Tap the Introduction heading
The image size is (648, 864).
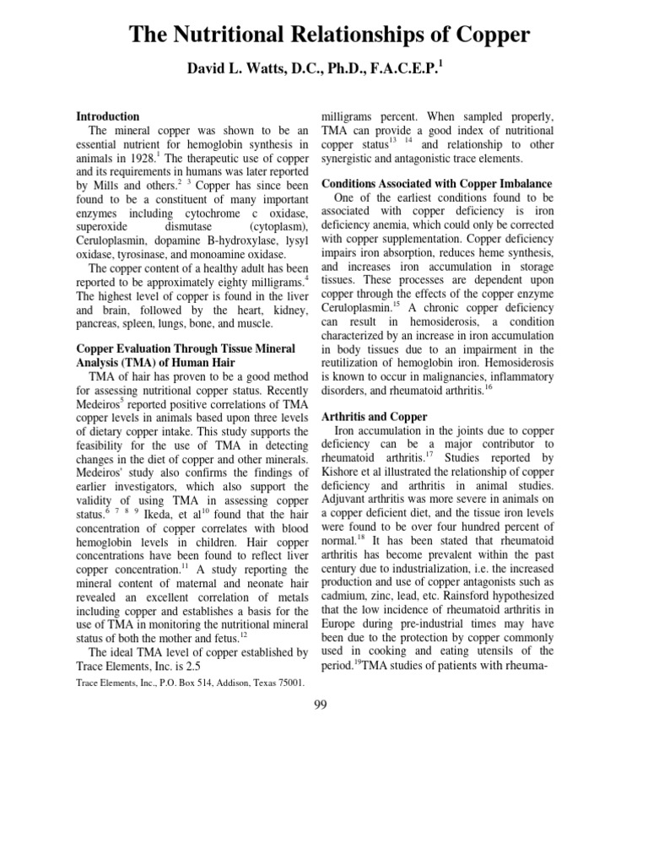pos(108,116)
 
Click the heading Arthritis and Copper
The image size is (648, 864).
pos(375,417)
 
